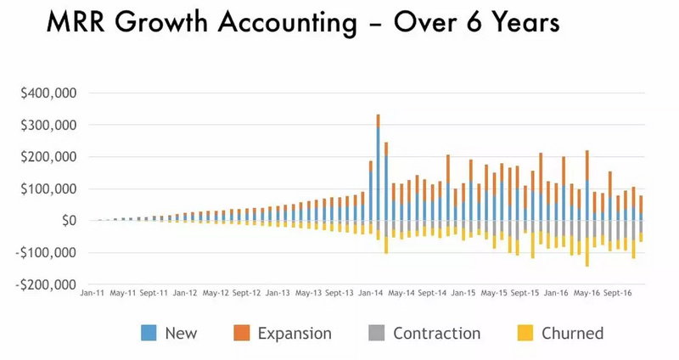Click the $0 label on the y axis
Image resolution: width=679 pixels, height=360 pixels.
(66, 221)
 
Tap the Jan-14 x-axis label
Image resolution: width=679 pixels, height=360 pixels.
(370, 293)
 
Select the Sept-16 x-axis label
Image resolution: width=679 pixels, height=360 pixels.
(616, 293)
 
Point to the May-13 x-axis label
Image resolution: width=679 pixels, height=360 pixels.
(307, 293)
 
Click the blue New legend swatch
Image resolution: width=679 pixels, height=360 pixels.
(149, 333)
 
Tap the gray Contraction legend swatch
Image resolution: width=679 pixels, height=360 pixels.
(376, 333)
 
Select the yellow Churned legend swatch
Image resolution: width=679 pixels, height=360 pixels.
(526, 333)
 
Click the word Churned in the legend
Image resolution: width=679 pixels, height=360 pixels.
(574, 333)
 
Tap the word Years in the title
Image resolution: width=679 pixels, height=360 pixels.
(519, 23)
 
